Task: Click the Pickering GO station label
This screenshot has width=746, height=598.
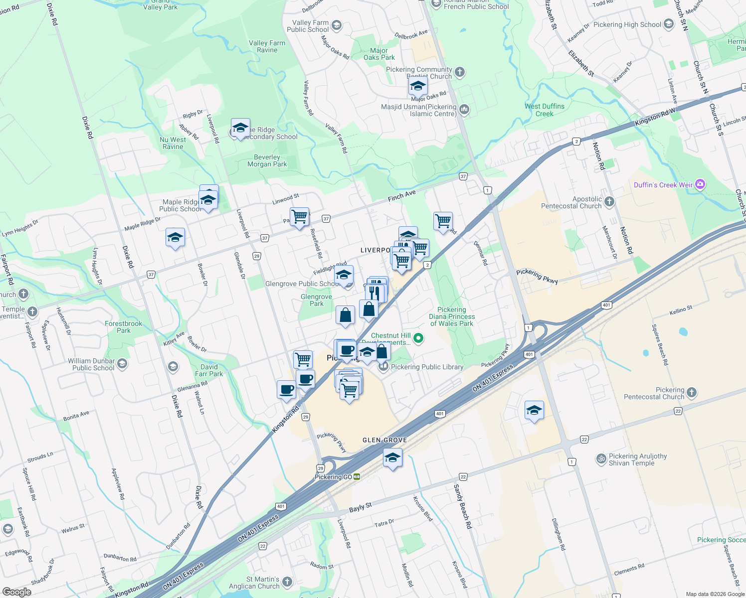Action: coord(334,477)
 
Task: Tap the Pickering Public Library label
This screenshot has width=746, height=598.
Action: coord(427,367)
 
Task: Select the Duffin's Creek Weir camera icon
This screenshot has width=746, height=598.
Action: coord(700,185)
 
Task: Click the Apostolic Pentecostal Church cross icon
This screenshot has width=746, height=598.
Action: coord(609,202)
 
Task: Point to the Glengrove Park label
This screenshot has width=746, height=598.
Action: coord(316,300)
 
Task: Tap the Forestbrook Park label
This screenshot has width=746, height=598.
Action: coord(124,327)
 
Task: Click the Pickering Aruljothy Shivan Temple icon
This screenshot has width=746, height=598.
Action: coord(601,459)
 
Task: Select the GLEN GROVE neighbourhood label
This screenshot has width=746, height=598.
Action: coord(384,440)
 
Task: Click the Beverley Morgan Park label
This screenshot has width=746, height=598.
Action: coord(267,160)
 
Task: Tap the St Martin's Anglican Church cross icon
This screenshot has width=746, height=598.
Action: coord(287,582)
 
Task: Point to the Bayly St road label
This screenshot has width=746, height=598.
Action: coord(361,508)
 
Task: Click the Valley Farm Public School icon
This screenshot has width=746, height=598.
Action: coord(337,26)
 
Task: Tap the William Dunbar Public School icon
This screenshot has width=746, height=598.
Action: coord(122,364)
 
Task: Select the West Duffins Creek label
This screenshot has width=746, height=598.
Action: coord(545,110)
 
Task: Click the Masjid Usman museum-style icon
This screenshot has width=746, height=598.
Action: coord(464,110)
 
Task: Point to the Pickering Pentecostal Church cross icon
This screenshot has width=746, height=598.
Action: coord(692,393)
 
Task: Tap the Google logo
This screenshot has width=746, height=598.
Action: coord(16,592)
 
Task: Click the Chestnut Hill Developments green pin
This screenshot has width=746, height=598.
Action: coord(419,338)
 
